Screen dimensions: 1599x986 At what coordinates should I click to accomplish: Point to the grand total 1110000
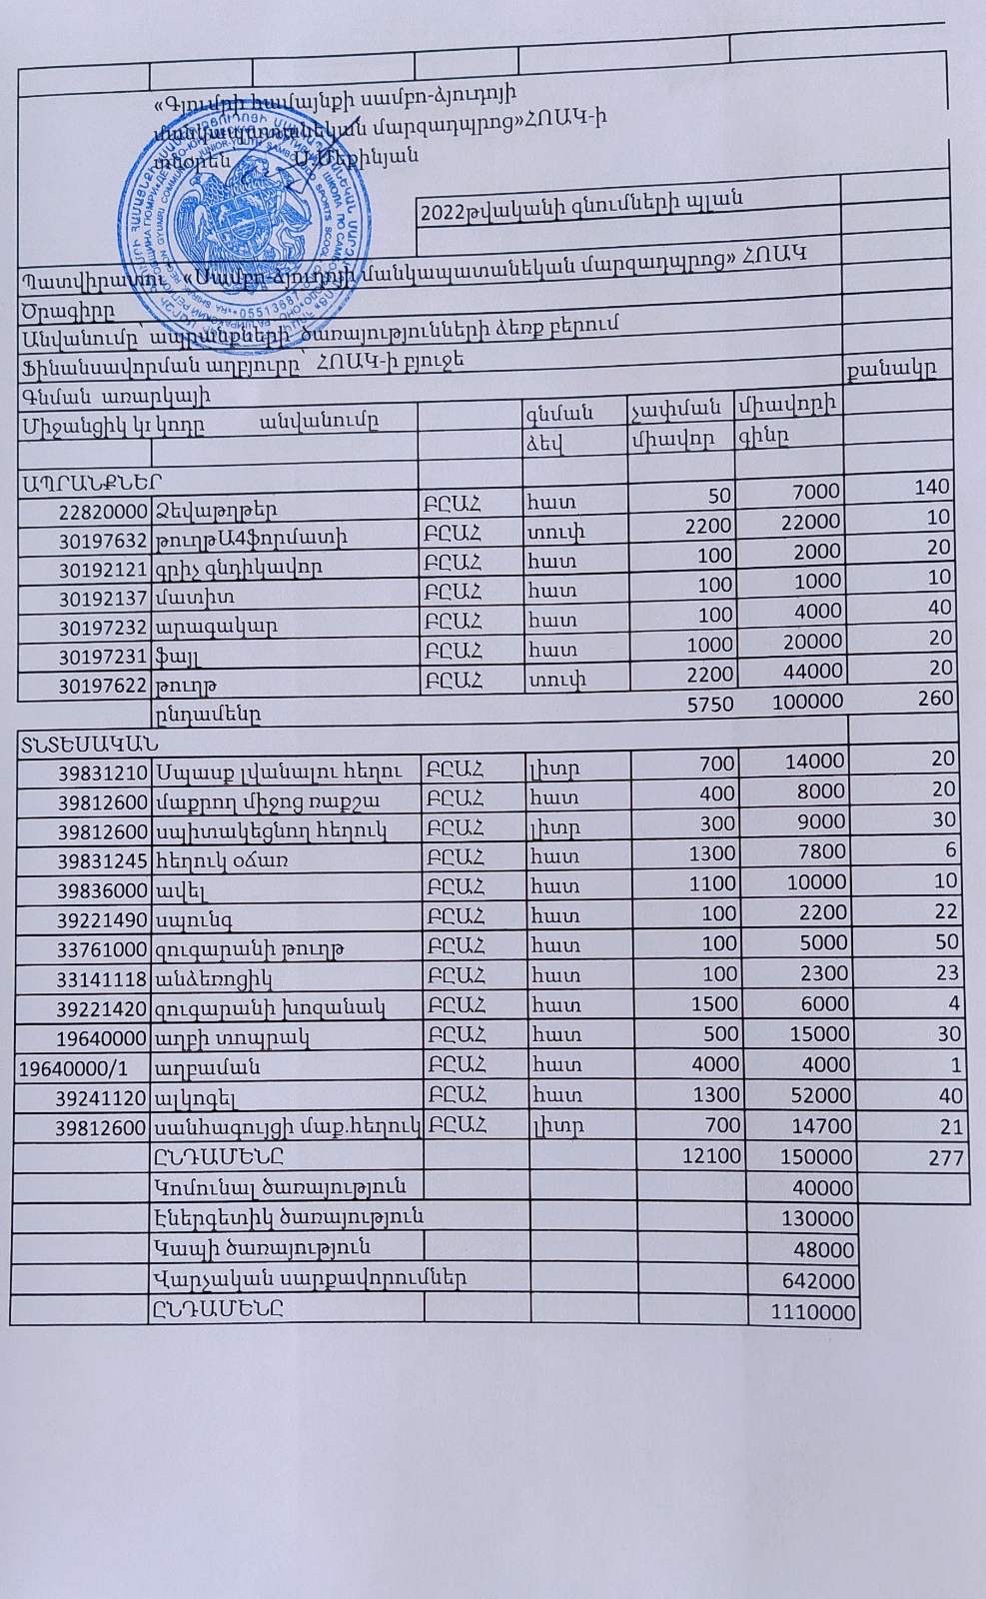[813, 1312]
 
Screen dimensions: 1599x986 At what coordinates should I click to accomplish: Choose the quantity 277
[944, 1157]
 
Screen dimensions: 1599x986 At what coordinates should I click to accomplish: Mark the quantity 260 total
[936, 698]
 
